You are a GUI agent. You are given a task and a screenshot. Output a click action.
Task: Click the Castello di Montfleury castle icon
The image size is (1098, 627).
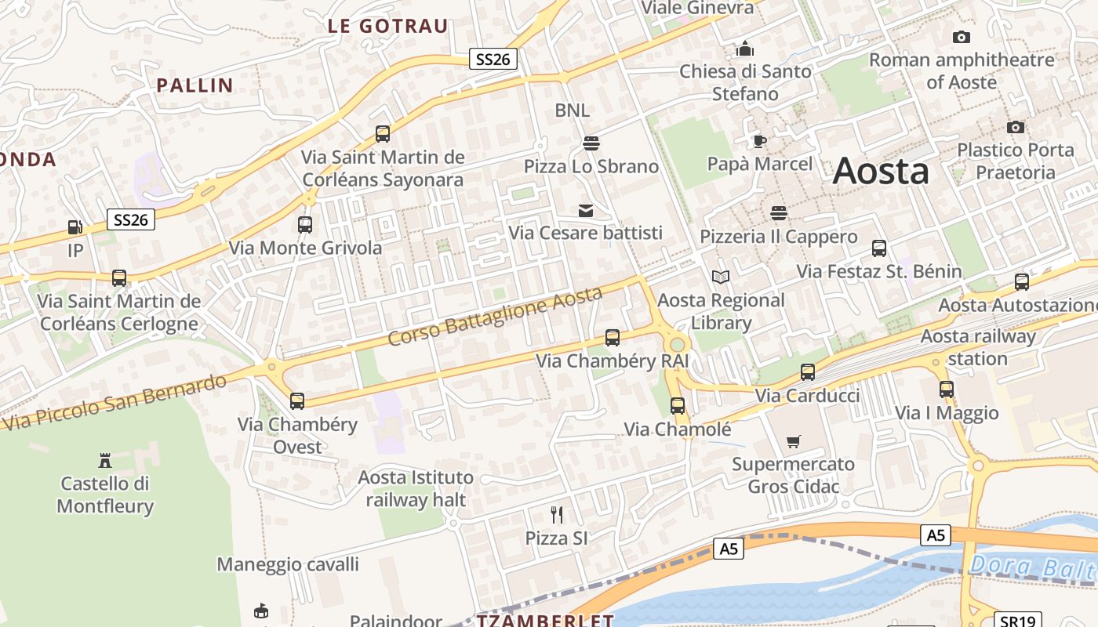[x=105, y=459]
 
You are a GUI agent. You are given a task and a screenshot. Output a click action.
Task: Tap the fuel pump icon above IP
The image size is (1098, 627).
[x=75, y=227]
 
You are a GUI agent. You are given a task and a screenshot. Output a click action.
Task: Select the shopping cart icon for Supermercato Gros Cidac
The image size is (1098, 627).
[x=794, y=441]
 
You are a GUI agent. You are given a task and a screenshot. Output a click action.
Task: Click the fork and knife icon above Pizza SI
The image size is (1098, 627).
[x=557, y=514]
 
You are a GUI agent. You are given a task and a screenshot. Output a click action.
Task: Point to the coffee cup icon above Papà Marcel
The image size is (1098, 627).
[x=759, y=141]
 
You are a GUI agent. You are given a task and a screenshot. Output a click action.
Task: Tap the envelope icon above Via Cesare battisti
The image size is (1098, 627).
[x=586, y=210]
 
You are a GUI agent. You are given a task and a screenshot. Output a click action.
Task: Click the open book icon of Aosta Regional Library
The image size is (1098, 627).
[x=720, y=277]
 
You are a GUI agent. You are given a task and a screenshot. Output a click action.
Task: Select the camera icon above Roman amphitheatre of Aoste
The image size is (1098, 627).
[x=961, y=37]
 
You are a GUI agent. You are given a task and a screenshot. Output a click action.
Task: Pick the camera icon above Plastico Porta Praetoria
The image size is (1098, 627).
[x=1016, y=127]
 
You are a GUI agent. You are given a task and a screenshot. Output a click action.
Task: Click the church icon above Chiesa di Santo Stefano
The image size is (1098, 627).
[x=744, y=49]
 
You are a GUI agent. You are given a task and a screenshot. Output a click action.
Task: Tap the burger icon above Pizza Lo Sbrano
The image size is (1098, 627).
[x=591, y=143]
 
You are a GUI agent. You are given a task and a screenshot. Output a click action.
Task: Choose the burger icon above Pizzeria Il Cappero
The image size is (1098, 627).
[x=779, y=213]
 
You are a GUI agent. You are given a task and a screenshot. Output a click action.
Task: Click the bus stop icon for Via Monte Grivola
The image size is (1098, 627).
[x=305, y=225]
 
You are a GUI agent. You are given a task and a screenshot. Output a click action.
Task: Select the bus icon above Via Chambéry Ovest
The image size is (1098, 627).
[x=297, y=401]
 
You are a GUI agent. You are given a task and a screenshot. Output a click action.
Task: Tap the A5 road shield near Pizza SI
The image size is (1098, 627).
[x=729, y=548]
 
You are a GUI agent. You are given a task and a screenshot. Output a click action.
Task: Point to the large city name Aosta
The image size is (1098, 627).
[x=881, y=171]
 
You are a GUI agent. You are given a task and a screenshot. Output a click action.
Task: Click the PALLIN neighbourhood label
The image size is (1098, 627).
[x=195, y=85]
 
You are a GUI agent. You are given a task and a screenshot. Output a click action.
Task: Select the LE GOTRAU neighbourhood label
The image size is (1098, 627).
[x=387, y=26]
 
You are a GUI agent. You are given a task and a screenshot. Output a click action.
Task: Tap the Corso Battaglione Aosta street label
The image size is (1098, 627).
[x=496, y=316]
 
